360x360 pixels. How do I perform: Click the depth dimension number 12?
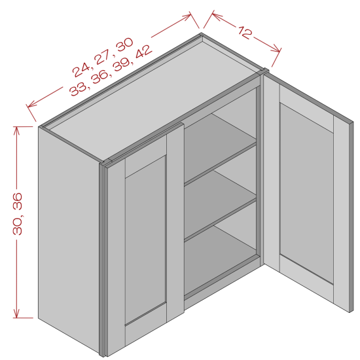point(245,32)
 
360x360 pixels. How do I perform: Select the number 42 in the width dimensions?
point(143,52)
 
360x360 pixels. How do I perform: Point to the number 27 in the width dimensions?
point(103,57)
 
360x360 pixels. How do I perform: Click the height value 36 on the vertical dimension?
point(18,202)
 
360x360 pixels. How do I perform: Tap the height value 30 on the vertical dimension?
point(18,226)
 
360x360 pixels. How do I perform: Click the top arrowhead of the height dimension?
point(16,130)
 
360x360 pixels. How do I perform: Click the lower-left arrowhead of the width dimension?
point(30,105)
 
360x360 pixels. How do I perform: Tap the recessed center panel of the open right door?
point(306,193)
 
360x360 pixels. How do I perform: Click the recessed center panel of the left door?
point(145,239)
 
